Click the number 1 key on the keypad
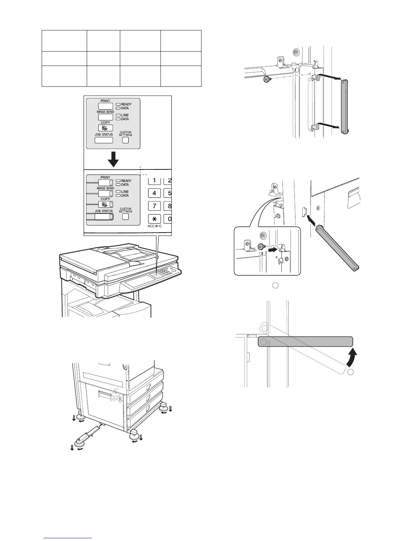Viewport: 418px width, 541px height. tap(154, 181)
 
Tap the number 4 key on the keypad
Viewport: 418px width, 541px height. tap(154, 193)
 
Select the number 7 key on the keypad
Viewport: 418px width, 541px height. tap(154, 206)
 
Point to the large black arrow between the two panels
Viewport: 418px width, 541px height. tap(113, 158)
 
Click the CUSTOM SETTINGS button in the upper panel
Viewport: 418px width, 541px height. tap(126, 140)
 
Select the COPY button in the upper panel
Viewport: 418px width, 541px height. tap(106, 128)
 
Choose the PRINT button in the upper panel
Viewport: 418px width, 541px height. tap(106, 106)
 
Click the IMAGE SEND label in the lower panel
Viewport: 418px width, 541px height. tap(105, 188)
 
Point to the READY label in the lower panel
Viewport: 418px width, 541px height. tap(126, 181)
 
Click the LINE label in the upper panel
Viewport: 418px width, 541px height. tap(125, 115)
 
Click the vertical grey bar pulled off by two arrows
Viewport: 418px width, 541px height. tap(344, 106)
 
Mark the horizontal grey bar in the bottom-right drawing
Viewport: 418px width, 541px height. tap(305, 341)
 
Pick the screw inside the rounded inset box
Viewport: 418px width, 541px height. tap(260, 246)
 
